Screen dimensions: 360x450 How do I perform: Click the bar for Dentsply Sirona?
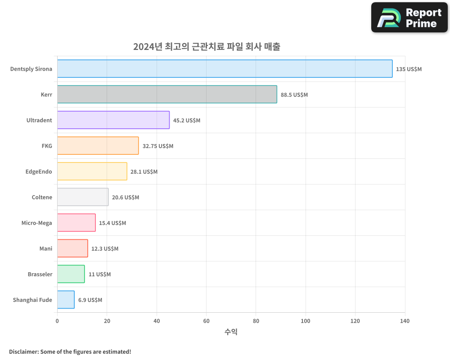point(225,69)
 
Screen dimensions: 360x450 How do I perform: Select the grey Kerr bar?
point(167,94)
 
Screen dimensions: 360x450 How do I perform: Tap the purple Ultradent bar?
point(113,120)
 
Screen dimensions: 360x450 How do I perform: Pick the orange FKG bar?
point(98,146)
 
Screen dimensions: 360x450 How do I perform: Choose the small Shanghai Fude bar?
point(66,300)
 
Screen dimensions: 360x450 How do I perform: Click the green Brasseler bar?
point(71,274)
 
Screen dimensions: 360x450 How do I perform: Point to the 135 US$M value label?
point(409,69)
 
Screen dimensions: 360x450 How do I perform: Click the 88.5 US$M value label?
point(294,95)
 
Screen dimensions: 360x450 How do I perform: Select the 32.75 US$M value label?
point(157,146)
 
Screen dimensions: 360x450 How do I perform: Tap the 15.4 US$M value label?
point(112,223)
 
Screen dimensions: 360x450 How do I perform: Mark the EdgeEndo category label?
point(39,172)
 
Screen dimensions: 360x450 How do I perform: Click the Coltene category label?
point(42,198)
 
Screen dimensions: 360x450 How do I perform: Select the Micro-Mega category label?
point(36,223)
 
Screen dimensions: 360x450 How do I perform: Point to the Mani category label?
point(46,249)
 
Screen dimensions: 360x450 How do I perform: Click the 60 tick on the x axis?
point(206,321)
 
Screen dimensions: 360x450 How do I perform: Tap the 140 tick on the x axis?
point(405,321)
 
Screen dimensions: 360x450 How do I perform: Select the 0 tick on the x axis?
point(57,321)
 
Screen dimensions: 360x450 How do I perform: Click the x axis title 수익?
point(231,332)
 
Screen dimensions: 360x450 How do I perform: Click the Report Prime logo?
point(409,18)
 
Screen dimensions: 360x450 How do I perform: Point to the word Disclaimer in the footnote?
point(23,351)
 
